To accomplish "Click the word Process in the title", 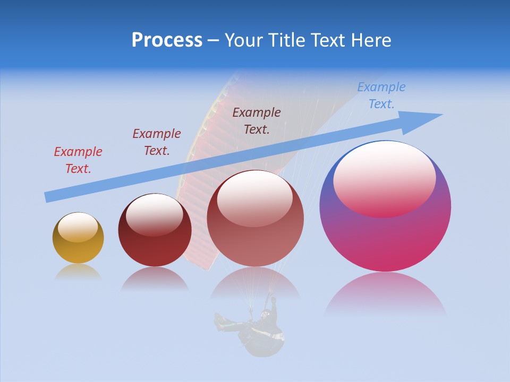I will (x=167, y=40).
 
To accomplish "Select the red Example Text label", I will (x=78, y=160).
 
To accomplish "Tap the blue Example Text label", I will (x=381, y=95).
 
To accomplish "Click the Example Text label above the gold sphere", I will (x=78, y=160).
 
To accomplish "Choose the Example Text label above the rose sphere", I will (x=257, y=120).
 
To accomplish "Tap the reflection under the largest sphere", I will (x=385, y=294).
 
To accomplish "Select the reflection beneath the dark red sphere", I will (x=155, y=279).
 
